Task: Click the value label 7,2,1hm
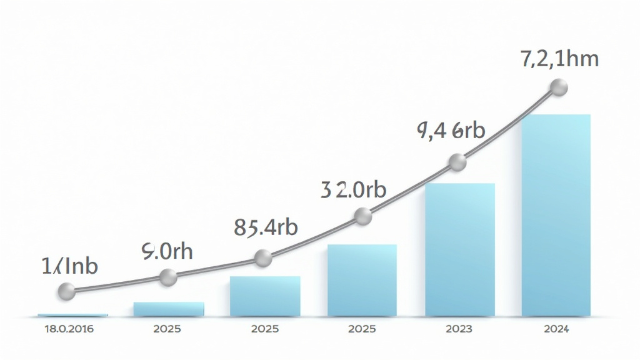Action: pos(559,59)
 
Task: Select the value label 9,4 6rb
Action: pos(450,131)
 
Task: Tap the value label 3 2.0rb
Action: pos(354,189)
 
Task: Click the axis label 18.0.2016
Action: pos(69,329)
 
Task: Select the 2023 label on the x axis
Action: pos(459,329)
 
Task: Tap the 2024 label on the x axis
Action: pos(556,329)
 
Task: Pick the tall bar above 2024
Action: pos(556,216)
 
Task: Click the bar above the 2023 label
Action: pos(460,250)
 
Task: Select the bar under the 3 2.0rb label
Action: pos(362,280)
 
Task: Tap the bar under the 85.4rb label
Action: pos(265,296)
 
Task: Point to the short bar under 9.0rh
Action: pos(169,309)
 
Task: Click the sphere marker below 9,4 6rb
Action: pos(458,163)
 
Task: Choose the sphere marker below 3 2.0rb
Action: pos(362,217)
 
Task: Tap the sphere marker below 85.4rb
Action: pos(263,257)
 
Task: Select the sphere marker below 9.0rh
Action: pos(167,277)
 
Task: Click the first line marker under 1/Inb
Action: pos(66,291)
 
